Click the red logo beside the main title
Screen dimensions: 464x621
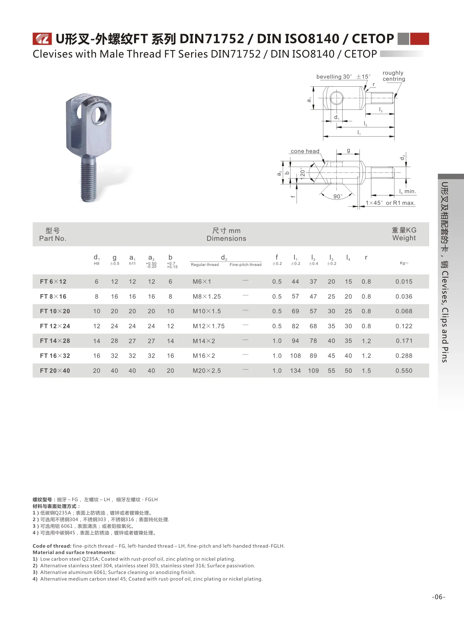42,39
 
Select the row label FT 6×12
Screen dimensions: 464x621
53,282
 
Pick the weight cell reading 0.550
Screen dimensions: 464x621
404,371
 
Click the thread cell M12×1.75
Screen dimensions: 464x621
209,326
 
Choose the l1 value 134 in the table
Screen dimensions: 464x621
295,371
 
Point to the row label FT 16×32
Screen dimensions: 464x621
55,356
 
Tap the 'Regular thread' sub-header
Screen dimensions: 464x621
205,265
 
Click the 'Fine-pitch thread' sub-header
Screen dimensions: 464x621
245,265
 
